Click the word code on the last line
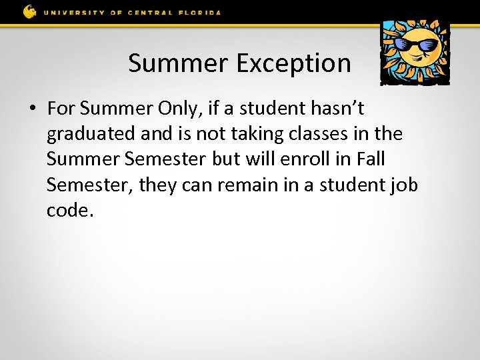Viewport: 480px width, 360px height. coord(67,211)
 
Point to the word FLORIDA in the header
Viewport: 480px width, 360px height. coord(198,11)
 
